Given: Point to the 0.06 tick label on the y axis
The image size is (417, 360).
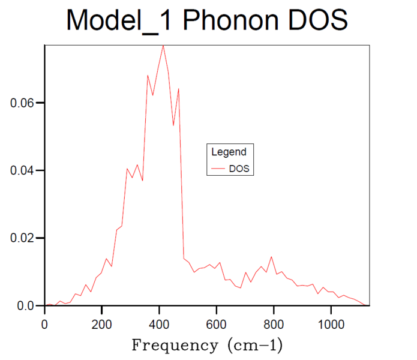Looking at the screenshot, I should tap(23, 103).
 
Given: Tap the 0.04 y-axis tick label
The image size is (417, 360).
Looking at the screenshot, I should tap(23, 171).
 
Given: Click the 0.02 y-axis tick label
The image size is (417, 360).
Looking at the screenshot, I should tap(23, 239).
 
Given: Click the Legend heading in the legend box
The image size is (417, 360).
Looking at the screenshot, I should tap(229, 152).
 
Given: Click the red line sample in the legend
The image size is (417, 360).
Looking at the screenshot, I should tap(218, 170).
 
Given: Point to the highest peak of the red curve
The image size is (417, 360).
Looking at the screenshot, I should tap(163, 46).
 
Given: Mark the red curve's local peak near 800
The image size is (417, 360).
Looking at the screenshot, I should tap(271, 257).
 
